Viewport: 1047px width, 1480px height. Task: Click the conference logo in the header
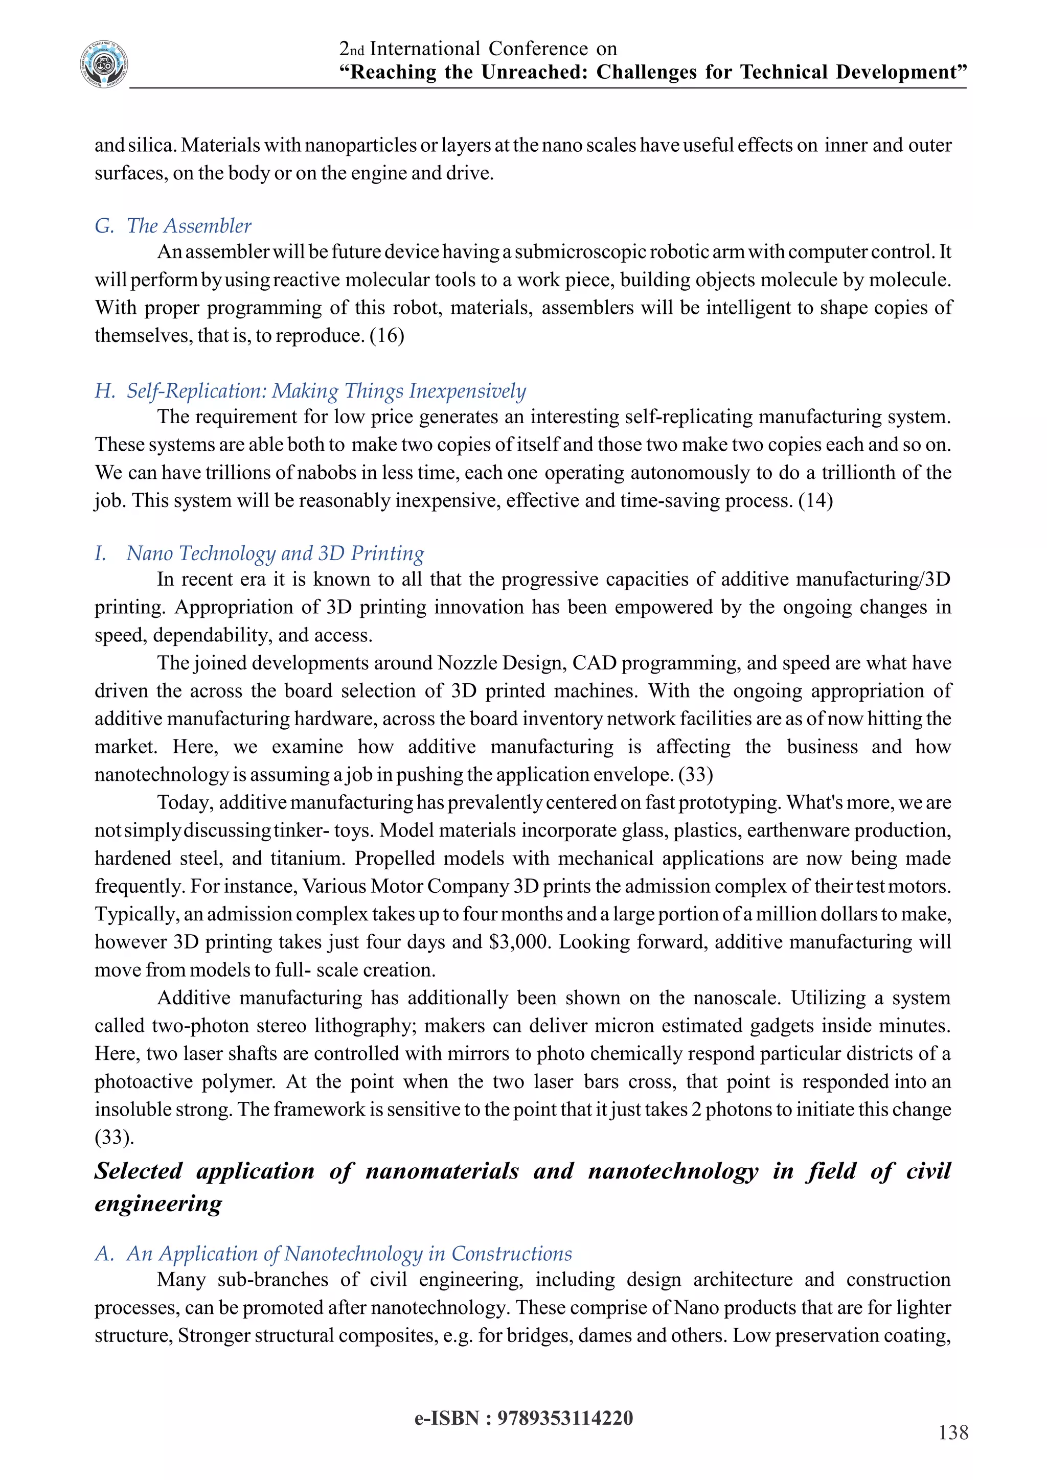pos(104,64)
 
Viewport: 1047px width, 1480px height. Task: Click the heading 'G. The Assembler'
pos(173,225)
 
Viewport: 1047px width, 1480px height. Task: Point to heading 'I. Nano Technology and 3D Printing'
pos(259,553)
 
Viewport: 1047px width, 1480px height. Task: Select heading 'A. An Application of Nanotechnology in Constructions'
pos(333,1253)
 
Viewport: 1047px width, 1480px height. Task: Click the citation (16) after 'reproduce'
pos(387,336)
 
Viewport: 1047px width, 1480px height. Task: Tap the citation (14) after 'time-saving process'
pos(815,501)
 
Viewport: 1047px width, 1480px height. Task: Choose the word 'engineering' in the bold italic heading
pos(158,1203)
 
